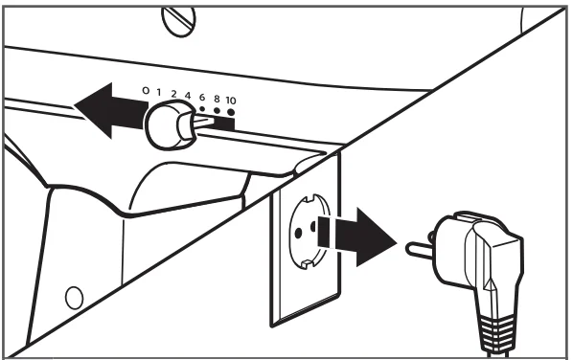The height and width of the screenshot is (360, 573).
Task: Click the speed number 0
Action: pyautogui.click(x=146, y=90)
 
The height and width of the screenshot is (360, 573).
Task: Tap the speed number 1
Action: pyautogui.click(x=159, y=92)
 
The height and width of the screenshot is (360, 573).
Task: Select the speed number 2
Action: pyautogui.click(x=173, y=94)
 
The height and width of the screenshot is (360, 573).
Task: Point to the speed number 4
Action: pyautogui.click(x=188, y=96)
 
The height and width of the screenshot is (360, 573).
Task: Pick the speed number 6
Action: pyautogui.click(x=202, y=98)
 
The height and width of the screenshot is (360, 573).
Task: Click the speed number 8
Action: pyautogui.click(x=217, y=99)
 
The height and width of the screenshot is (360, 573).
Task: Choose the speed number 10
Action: pyautogui.click(x=231, y=101)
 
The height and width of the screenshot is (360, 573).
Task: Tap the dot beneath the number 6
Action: pyautogui.click(x=202, y=108)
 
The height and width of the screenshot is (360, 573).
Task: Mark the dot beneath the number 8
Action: pyautogui.click(x=217, y=110)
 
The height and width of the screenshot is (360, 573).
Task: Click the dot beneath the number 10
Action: pyautogui.click(x=231, y=112)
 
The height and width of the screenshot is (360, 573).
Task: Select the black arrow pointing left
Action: pyautogui.click(x=111, y=111)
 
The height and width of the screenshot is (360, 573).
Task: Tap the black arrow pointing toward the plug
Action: pyautogui.click(x=356, y=236)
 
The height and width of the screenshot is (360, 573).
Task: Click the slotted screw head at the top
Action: pyautogui.click(x=178, y=21)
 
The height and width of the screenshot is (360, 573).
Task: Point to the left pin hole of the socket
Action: pyautogui.click(x=298, y=233)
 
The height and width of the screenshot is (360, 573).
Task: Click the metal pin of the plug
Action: pyautogui.click(x=421, y=251)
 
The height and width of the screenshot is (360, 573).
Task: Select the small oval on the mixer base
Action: pyautogui.click(x=74, y=298)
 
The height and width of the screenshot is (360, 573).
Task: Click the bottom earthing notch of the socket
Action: pyautogui.click(x=306, y=264)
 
